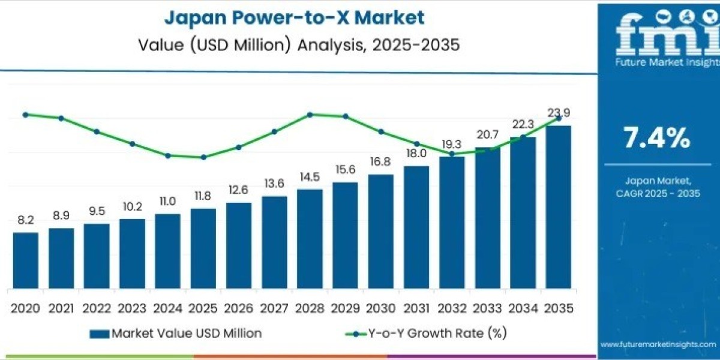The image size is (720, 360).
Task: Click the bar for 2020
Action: coord(26,259)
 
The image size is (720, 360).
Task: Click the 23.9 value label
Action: coord(559,112)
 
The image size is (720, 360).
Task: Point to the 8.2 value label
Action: coord(26,220)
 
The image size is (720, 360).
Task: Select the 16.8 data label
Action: coord(380,162)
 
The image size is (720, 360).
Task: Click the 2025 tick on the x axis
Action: coord(203,308)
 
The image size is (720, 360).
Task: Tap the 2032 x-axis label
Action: coord(451,308)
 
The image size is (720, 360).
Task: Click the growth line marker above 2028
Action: coord(310,114)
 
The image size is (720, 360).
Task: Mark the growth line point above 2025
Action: coord(203,157)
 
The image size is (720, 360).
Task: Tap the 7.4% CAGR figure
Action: coord(656,139)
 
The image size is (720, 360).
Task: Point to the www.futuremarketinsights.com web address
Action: coord(658,344)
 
